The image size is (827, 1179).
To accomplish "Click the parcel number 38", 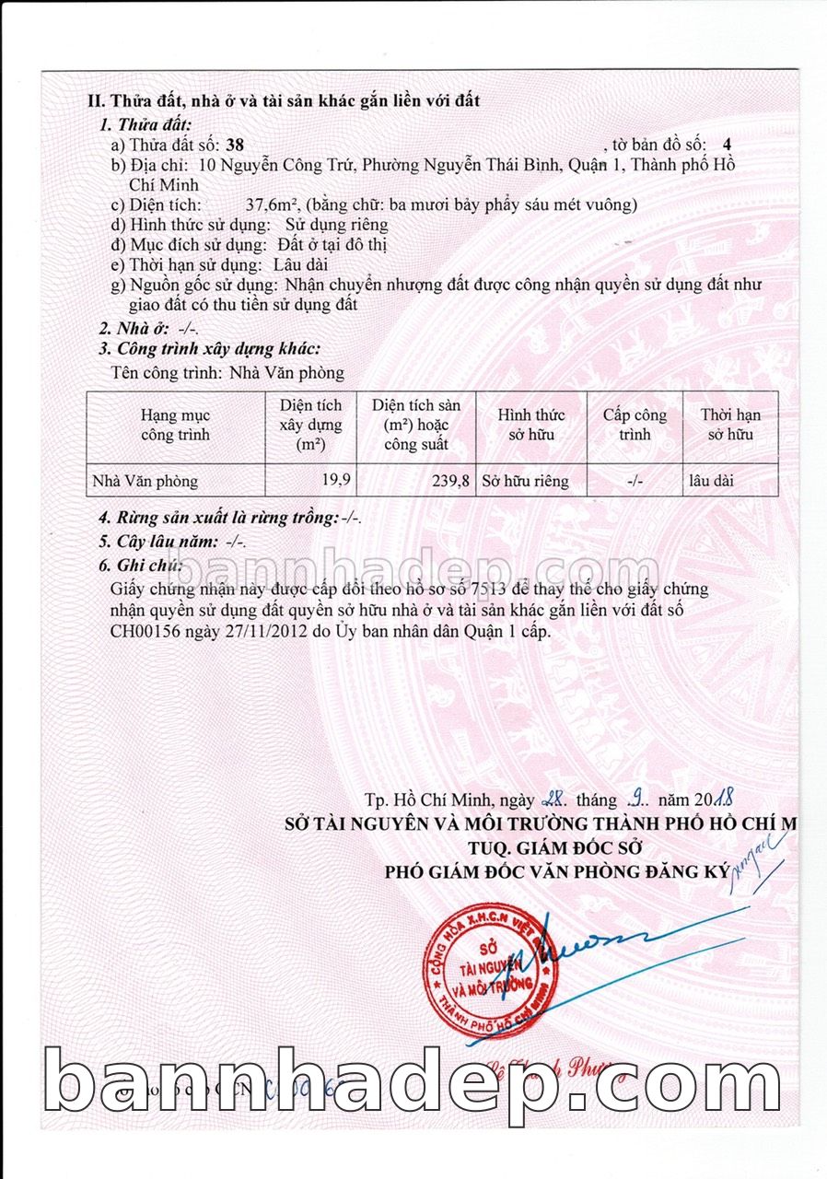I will pos(235,146).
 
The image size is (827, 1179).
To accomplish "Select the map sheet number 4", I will pos(728,146).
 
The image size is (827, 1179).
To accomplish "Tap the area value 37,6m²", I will pos(274,204).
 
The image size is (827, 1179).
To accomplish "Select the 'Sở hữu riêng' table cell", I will pos(526,480).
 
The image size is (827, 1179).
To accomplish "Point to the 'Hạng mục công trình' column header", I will pos(175,425).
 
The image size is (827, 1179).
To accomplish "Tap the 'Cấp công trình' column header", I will pos(635,425).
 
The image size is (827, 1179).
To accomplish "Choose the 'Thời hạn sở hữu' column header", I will pos(730,425).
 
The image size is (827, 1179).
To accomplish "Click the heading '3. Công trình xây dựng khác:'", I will pos(209,348).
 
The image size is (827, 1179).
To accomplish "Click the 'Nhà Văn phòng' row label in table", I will pos(146,480).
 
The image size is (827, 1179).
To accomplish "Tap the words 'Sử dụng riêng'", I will pos(337,225).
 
